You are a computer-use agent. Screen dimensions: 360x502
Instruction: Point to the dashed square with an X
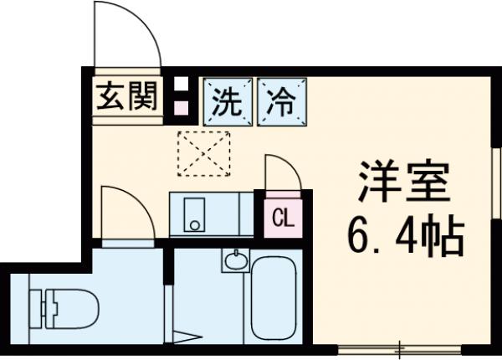pos(204,153)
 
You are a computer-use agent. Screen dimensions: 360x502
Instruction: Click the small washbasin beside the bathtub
pos(236,259)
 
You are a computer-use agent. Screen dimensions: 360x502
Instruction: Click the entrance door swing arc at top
pos(125,38)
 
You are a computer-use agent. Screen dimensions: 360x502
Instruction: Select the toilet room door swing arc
pos(125,209)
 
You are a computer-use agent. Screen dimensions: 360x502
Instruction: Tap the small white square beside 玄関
pos(179,84)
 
